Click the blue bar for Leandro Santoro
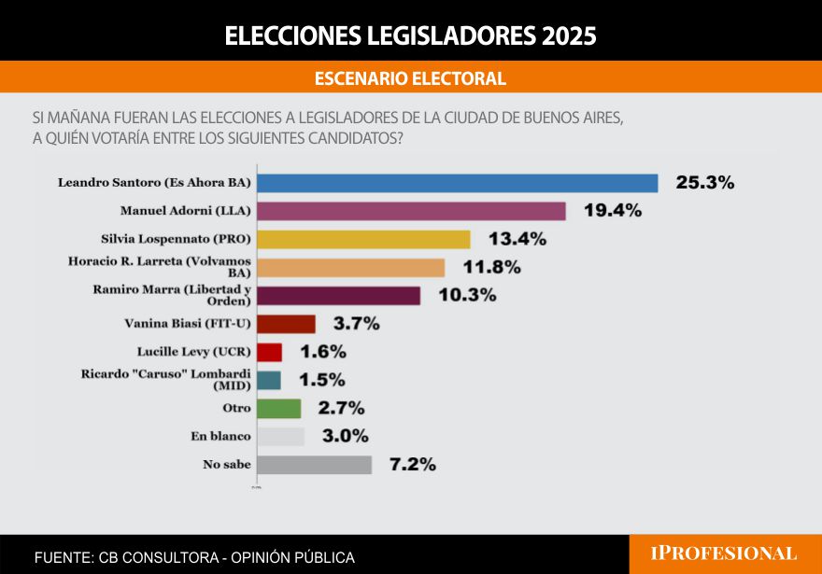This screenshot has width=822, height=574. [457, 183]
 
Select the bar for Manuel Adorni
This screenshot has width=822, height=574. [411, 211]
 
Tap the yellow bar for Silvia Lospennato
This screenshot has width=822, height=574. [363, 239]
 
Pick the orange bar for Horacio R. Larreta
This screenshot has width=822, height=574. [350, 268]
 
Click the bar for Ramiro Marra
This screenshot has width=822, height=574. [338, 296]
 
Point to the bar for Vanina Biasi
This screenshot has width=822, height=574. [286, 324]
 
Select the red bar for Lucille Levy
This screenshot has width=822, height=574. [269, 352]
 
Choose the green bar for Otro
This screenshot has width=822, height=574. [278, 408]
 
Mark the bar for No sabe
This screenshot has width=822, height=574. [314, 464]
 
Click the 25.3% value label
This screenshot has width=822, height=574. [704, 183]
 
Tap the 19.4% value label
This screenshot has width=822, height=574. [612, 211]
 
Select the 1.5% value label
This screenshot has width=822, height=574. [321, 380]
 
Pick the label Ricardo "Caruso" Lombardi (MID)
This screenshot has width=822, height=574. [179, 379]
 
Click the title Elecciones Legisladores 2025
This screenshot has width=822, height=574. [410, 35]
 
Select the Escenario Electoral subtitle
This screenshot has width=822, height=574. [410, 78]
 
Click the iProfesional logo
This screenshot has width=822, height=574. [724, 553]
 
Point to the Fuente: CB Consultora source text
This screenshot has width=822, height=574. [194, 557]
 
